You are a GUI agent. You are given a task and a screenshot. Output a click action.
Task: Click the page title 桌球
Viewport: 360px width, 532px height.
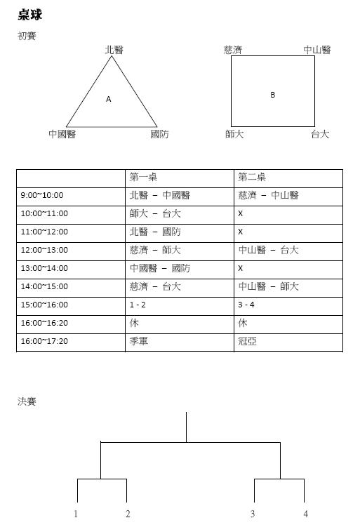30,15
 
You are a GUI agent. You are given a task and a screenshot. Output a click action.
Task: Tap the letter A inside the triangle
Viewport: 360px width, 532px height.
109,99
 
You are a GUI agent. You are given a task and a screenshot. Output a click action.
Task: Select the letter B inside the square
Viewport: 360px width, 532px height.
272,95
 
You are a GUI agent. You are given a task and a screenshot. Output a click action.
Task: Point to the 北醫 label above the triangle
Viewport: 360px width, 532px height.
114,50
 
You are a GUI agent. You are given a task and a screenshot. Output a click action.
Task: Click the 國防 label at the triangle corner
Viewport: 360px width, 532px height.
159,134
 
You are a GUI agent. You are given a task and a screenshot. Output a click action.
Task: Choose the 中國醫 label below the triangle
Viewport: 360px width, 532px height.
62,134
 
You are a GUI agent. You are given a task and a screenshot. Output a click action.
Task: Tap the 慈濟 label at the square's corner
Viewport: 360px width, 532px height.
233,50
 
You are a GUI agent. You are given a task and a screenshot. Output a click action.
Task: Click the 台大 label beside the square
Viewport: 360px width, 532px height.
320,134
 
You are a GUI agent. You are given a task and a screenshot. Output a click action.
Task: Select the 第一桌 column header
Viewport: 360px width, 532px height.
143,177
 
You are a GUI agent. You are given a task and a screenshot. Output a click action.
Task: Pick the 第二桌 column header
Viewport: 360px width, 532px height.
252,177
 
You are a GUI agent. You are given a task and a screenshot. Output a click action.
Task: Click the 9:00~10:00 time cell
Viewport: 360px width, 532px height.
42,195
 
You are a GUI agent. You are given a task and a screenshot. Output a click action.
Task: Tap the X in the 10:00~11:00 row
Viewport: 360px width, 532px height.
240,214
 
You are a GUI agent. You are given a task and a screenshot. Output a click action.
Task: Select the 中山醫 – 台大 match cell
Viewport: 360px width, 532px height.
268,250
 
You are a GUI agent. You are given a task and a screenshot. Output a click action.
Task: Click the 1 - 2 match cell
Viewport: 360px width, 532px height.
138,305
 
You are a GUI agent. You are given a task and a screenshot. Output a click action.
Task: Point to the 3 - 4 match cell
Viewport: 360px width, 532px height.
246,305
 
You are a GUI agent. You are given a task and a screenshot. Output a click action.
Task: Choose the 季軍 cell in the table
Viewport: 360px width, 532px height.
139,341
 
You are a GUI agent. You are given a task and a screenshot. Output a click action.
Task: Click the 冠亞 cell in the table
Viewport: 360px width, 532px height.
247,341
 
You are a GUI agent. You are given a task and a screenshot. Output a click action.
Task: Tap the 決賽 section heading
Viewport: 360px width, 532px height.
27,401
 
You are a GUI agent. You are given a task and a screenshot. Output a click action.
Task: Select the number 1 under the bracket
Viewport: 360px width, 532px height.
76,514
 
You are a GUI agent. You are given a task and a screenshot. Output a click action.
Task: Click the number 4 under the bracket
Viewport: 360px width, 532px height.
305,514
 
